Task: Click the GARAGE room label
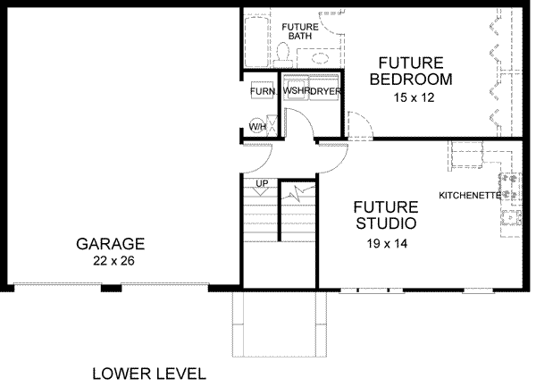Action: point(110,243)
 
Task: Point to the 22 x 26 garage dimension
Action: point(110,261)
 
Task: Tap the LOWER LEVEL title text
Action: point(148,373)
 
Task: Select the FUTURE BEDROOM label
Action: point(411,71)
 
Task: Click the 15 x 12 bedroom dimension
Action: point(413,97)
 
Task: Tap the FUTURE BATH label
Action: point(301,31)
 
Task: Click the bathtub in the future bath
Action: point(255,38)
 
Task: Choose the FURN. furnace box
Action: point(261,92)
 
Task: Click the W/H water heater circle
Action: point(257,126)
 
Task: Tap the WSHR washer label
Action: point(296,91)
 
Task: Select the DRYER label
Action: point(326,91)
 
